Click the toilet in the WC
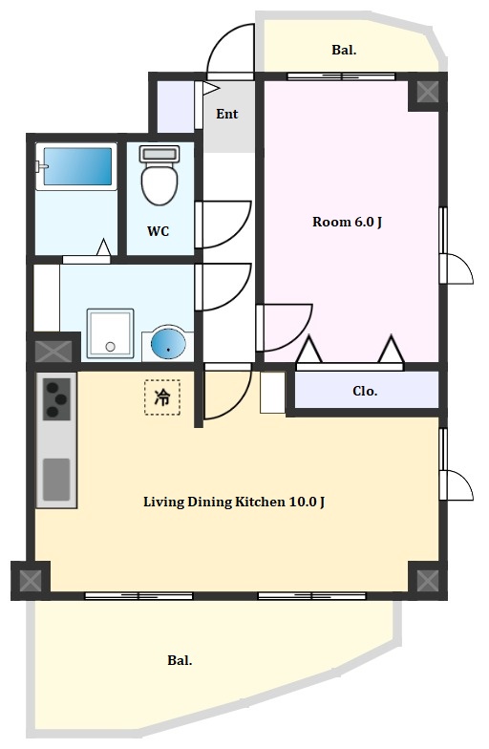tap(159, 175)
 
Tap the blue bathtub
tap(78, 166)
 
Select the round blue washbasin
tap(168, 342)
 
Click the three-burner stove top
tap(57, 399)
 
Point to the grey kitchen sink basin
tap(56, 480)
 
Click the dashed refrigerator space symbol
tap(162, 397)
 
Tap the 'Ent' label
tap(227, 114)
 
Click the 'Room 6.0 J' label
tap(348, 222)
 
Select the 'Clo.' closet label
tap(365, 392)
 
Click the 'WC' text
tap(159, 231)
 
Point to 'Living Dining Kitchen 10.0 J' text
tap(235, 503)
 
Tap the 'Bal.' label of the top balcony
tap(344, 50)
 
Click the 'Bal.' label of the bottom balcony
tap(180, 661)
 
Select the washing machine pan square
tap(110, 332)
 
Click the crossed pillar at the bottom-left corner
tap(31, 580)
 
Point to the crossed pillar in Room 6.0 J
tap(427, 92)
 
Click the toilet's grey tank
tap(159, 154)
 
